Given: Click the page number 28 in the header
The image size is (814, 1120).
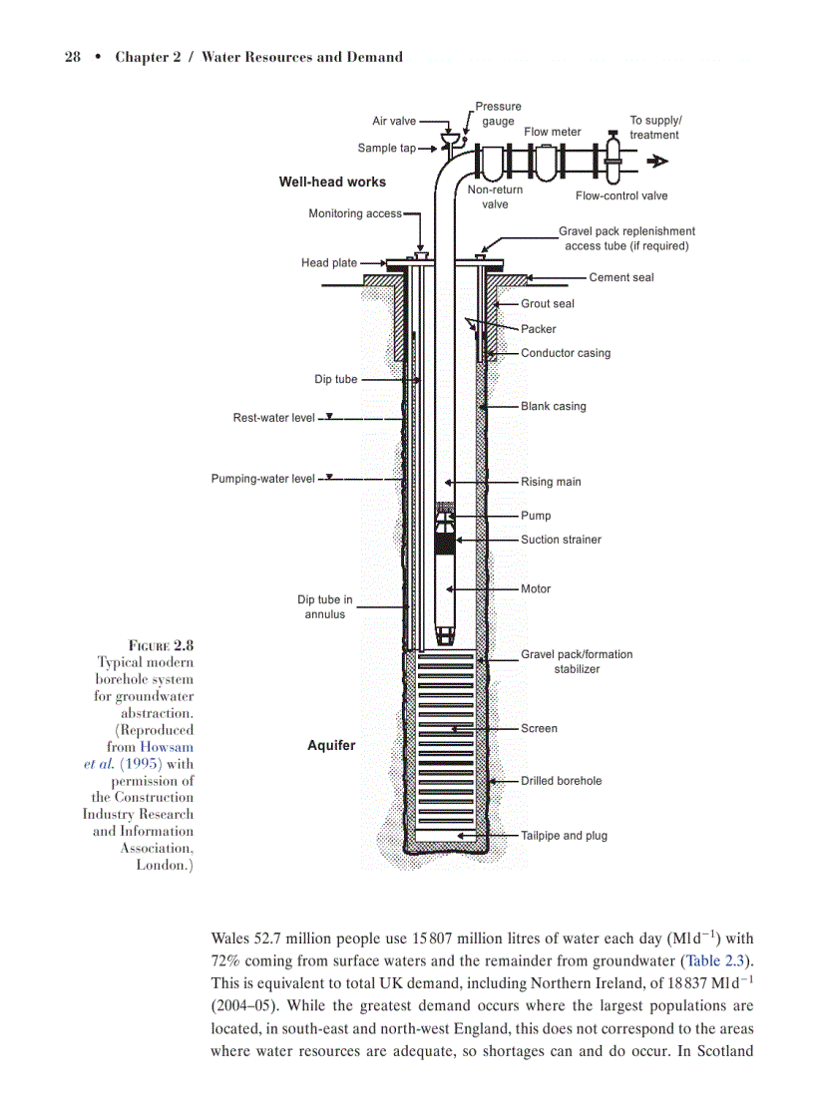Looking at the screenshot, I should point(72,57).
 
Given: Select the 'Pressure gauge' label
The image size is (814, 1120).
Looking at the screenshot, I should point(498,114).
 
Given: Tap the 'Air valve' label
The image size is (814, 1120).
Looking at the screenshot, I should point(394,122).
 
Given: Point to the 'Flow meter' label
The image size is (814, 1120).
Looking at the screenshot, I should point(553,132).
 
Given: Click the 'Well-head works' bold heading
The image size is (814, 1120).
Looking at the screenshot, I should point(332,183).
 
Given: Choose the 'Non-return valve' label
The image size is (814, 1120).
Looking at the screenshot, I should point(495,196).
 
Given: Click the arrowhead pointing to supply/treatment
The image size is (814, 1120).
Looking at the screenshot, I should point(656,162).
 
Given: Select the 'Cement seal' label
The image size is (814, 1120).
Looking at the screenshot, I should point(621,277).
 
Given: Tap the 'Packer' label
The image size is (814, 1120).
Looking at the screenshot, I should point(539,329).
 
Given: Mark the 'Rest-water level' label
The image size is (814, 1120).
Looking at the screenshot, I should point(273,418).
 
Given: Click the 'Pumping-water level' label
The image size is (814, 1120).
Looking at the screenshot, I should point(262,479).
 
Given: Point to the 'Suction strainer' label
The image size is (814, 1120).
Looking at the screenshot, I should point(561,540).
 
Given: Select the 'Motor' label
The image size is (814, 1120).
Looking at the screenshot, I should point(536,588).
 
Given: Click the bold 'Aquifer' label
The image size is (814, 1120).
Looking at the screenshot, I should point(331,745).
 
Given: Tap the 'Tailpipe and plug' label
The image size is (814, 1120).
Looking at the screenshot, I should point(564,836).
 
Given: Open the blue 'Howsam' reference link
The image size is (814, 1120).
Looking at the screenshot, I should point(167,747).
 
